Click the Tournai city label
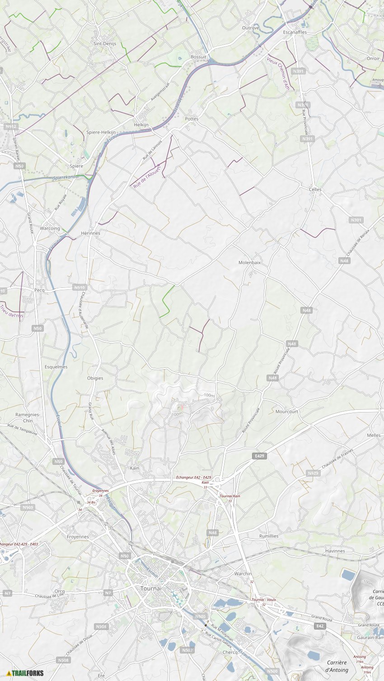click(x=150, y=588)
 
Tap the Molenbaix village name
click(x=250, y=262)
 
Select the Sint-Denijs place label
click(x=105, y=44)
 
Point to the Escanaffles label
click(x=295, y=32)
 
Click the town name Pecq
click(x=40, y=290)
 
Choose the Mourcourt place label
click(x=287, y=412)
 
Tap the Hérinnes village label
click(x=90, y=233)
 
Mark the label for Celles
click(x=315, y=190)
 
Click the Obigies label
click(x=95, y=378)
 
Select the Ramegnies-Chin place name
click(x=28, y=417)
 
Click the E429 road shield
click(x=259, y=456)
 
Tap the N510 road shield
click(x=79, y=287)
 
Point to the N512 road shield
click(x=11, y=127)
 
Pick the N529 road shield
click(x=313, y=473)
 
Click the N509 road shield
click(x=28, y=507)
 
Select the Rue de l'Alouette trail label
click(x=147, y=176)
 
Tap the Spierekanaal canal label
click(x=66, y=178)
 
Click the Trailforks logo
click(x=25, y=673)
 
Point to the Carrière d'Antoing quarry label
click(x=337, y=666)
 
